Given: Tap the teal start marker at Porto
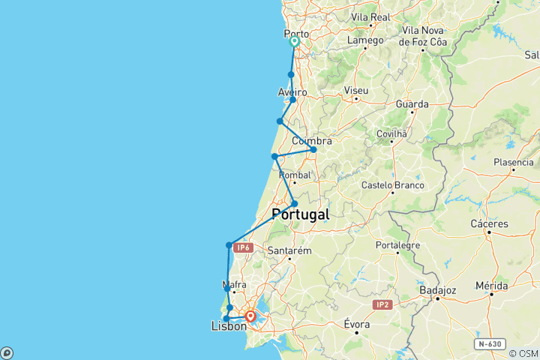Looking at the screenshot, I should (x=294, y=43).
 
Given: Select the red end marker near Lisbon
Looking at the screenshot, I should (x=250, y=316).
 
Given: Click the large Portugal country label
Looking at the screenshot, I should (x=300, y=214).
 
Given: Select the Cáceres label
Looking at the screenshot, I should (x=489, y=223).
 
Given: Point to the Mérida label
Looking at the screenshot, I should (x=492, y=286).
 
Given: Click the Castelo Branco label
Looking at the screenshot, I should (x=392, y=185).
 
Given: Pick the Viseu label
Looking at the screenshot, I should (x=355, y=91).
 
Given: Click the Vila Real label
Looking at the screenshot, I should (x=368, y=16).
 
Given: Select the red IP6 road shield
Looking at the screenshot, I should (x=241, y=247).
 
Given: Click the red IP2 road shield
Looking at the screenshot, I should (x=382, y=304).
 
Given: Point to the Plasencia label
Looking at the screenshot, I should (x=514, y=163).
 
